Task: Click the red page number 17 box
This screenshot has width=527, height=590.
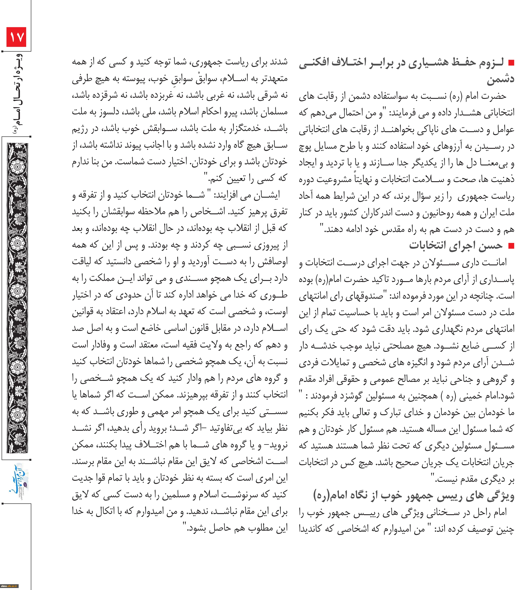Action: point(16,37)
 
